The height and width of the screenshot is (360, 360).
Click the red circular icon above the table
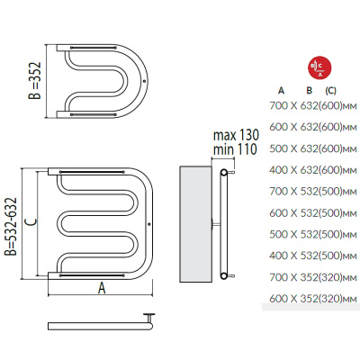click(x=319, y=67)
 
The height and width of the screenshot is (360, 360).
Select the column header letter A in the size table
click(x=281, y=90)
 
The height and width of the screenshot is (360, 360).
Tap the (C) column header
click(x=330, y=91)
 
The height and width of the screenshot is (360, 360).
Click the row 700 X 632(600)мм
click(x=313, y=106)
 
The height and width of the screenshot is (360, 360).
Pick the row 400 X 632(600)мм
click(x=313, y=170)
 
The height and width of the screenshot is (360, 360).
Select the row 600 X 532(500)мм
click(x=313, y=213)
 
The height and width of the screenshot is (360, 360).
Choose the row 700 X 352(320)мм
click(x=313, y=277)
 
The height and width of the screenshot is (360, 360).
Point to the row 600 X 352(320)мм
click(x=313, y=299)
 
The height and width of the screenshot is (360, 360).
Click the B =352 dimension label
click(x=34, y=81)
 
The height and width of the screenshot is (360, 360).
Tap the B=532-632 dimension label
click(x=11, y=227)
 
